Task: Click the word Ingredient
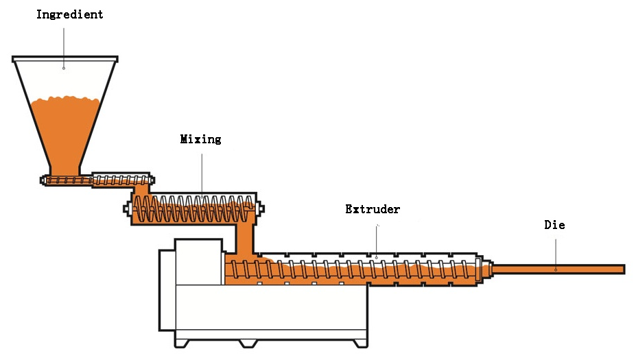pos(70,15)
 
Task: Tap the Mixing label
pos(201,139)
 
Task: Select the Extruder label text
pos(373,209)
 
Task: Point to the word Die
pos(554,225)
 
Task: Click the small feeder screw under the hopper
pos(97,180)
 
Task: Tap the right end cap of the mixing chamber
pos(261,208)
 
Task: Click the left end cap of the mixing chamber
pos(128,209)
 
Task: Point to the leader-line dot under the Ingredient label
pos(64,68)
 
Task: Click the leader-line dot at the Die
pos(556,269)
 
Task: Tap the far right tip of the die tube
pos(624,269)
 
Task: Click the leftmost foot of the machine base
pos(181,344)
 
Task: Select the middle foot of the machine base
pos(248,344)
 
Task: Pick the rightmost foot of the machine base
pos(360,344)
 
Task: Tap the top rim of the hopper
pos(65,59)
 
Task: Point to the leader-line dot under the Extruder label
pos(377,257)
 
